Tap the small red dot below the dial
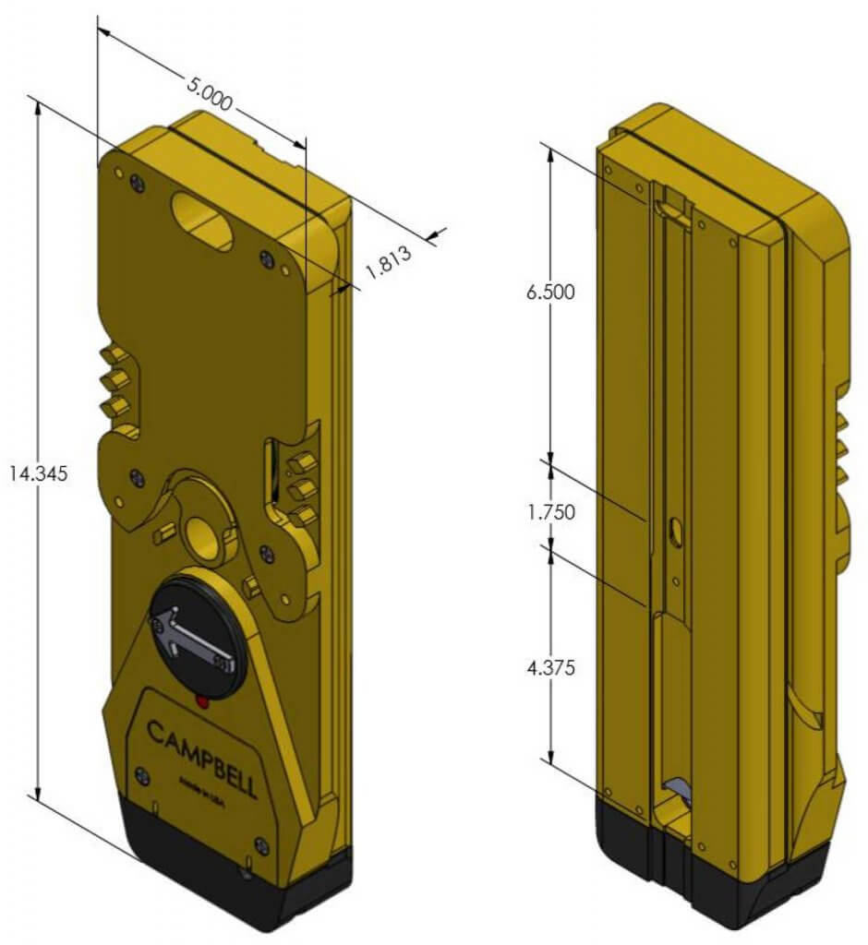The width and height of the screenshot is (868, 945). click(201, 704)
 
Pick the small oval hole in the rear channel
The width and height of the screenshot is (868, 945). click(673, 530)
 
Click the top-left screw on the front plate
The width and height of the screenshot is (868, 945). click(137, 183)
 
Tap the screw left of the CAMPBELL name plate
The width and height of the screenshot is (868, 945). click(139, 772)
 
